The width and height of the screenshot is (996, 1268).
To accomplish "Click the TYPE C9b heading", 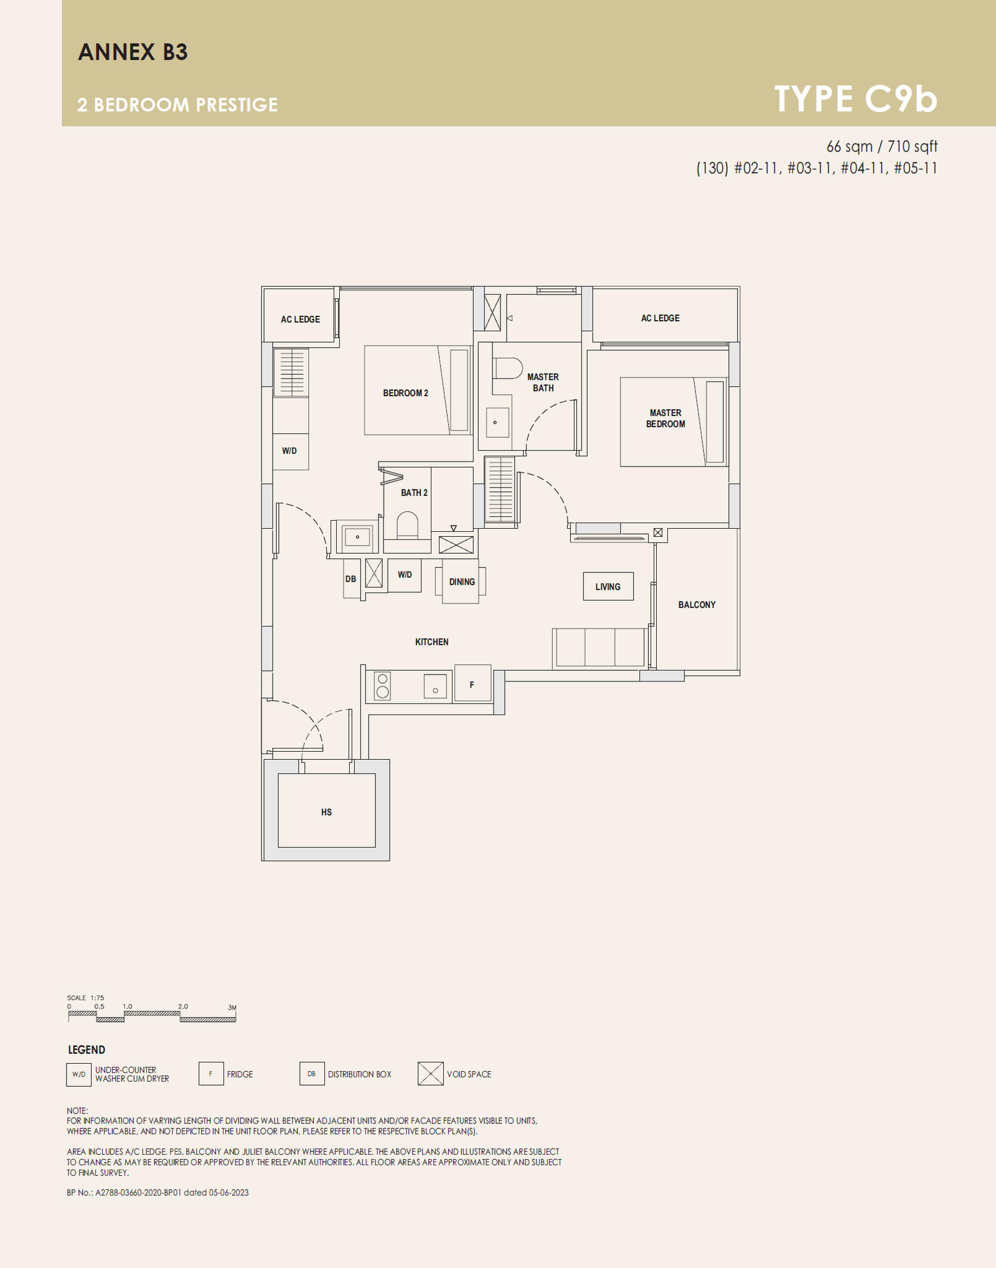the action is click(x=855, y=98).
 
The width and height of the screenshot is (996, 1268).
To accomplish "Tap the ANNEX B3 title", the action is click(x=133, y=52).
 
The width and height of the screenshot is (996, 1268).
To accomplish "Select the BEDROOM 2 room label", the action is click(x=405, y=393).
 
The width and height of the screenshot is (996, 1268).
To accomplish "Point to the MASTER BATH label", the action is click(x=543, y=382).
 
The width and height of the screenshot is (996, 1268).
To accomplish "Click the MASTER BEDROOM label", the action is click(x=665, y=419).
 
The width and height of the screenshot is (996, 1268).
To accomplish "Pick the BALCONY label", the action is click(x=697, y=605).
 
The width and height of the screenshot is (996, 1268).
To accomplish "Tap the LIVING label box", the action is click(x=608, y=587).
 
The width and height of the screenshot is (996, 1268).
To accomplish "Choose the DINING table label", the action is click(x=462, y=582).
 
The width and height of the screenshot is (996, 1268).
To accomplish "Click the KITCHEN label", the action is click(x=431, y=642).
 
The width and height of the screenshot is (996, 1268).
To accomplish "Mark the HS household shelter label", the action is click(x=326, y=812).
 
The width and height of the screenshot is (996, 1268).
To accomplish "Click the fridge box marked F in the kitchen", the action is click(x=472, y=683).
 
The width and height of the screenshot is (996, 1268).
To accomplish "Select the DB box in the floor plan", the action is click(x=351, y=579).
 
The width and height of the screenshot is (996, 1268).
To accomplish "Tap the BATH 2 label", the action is click(x=414, y=493).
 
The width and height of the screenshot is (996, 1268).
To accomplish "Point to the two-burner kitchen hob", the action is click(x=383, y=685).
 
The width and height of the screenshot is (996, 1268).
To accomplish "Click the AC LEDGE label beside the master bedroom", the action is click(x=660, y=318).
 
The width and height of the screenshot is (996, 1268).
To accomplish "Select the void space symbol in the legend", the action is click(x=431, y=1074).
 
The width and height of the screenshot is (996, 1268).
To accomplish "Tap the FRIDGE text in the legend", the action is click(x=240, y=1074).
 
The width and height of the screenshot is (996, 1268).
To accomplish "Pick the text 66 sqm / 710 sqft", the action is click(x=881, y=146).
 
